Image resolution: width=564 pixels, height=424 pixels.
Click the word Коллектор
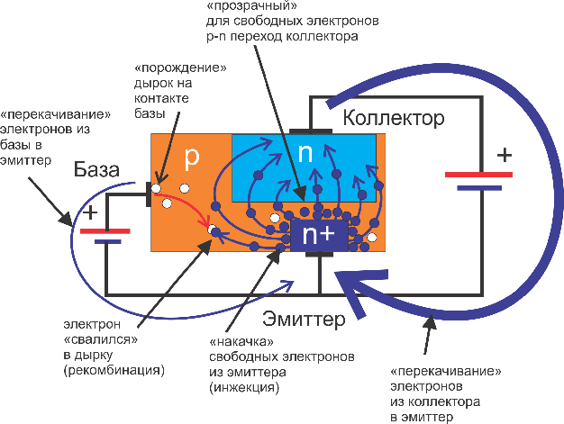[x=394, y=118]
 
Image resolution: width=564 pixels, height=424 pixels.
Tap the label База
[x=96, y=169]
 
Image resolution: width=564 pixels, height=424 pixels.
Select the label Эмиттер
[x=304, y=319]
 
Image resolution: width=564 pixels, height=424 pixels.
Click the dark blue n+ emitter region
[x=319, y=235]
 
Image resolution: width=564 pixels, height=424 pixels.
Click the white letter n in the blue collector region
[x=305, y=153]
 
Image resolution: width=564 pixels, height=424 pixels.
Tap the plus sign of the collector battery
[x=505, y=155]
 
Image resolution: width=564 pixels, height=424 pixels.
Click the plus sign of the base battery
[x=90, y=212]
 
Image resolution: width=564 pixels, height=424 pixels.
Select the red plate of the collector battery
[x=478, y=175]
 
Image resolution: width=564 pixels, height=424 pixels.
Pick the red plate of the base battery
[x=105, y=231]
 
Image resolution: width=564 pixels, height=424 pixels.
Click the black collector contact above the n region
[x=311, y=131]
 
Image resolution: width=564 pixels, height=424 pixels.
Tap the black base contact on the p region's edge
[x=149, y=194]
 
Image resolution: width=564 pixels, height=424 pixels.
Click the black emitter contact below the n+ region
[x=319, y=254]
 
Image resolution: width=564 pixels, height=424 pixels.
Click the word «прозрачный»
[x=249, y=5]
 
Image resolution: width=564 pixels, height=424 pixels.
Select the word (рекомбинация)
[x=114, y=370]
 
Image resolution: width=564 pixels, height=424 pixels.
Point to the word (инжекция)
[x=244, y=387]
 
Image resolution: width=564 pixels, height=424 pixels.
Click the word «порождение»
[x=180, y=68]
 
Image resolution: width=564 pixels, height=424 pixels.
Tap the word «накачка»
[x=241, y=341]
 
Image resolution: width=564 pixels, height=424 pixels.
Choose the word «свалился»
[x=101, y=339]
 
